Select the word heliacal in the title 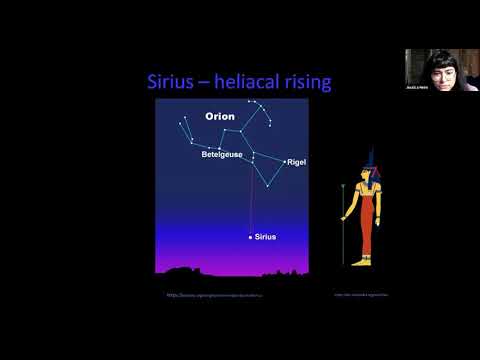coord(251,81)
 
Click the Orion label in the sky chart coord(219,116)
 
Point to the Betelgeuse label coord(222,155)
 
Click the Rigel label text coord(297,162)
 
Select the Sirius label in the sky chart coord(265,237)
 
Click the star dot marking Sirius coord(250,237)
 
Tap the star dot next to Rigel coord(285,162)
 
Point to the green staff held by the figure coord(343,225)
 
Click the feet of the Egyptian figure coord(364,261)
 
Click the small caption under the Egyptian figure coord(361,295)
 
